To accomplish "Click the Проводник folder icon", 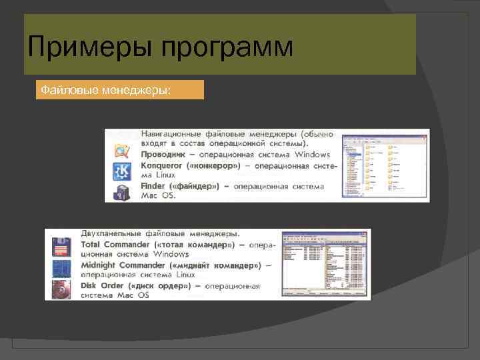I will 122,151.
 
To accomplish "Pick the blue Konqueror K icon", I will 122,171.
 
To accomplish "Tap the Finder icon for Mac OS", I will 122,191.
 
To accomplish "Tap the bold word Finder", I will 154,185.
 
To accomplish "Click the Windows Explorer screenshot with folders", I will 385,165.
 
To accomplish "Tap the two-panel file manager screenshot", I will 325,264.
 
